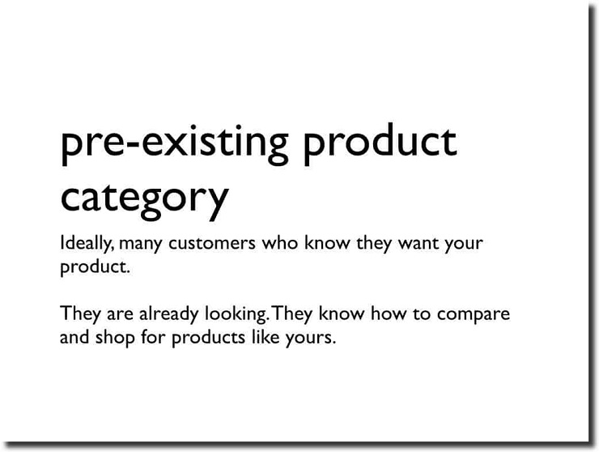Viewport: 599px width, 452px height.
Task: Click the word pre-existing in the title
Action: tap(175, 144)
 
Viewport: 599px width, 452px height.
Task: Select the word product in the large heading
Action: tap(380, 144)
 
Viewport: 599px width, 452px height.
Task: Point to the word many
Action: tap(141, 245)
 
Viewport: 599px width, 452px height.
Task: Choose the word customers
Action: tap(212, 244)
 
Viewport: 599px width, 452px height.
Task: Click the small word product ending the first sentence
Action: tap(96, 267)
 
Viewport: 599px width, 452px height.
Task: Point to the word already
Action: tap(168, 314)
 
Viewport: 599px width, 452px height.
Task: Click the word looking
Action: tap(236, 314)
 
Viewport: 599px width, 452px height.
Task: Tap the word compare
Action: tap(474, 315)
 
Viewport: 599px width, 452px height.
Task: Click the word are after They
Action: tap(120, 315)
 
